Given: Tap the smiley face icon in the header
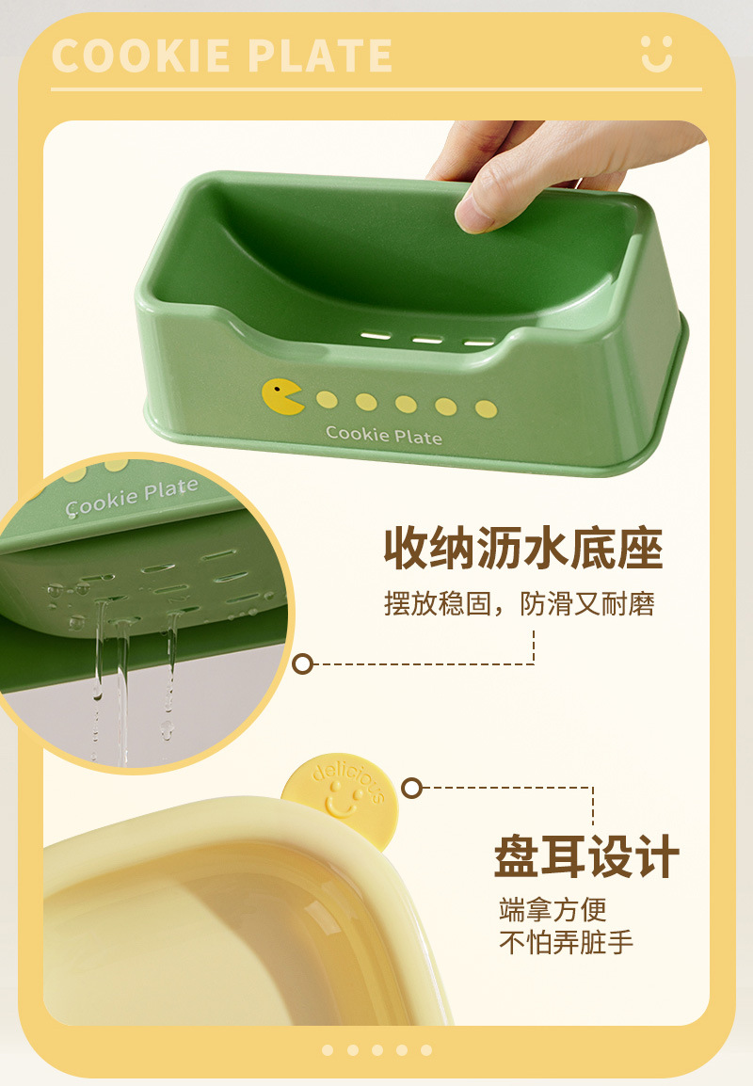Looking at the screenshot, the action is click(x=656, y=54).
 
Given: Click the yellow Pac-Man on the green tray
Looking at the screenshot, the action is click(x=282, y=397).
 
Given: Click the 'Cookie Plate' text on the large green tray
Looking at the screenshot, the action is click(x=384, y=434).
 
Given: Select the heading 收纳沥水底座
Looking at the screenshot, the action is click(x=523, y=549).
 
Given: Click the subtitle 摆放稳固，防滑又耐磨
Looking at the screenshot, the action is click(x=520, y=604).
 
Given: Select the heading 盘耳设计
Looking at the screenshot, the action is click(x=586, y=856).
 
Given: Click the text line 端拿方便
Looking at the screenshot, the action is click(x=553, y=909).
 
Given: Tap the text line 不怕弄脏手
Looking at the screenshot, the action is click(x=566, y=942).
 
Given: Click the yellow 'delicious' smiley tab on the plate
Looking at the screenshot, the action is click(x=342, y=793).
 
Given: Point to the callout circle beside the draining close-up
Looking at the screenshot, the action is click(x=302, y=664).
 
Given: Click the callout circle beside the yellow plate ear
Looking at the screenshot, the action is click(x=411, y=789).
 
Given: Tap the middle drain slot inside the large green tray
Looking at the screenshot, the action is click(x=427, y=340).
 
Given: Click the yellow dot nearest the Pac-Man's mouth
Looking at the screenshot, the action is click(x=327, y=400).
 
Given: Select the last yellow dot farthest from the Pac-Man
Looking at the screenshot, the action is click(x=487, y=409).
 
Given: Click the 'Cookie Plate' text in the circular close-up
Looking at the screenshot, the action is click(x=132, y=497).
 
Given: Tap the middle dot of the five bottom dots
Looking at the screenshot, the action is click(x=376, y=1050).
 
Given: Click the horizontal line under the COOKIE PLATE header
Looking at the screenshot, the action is click(x=376, y=89).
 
